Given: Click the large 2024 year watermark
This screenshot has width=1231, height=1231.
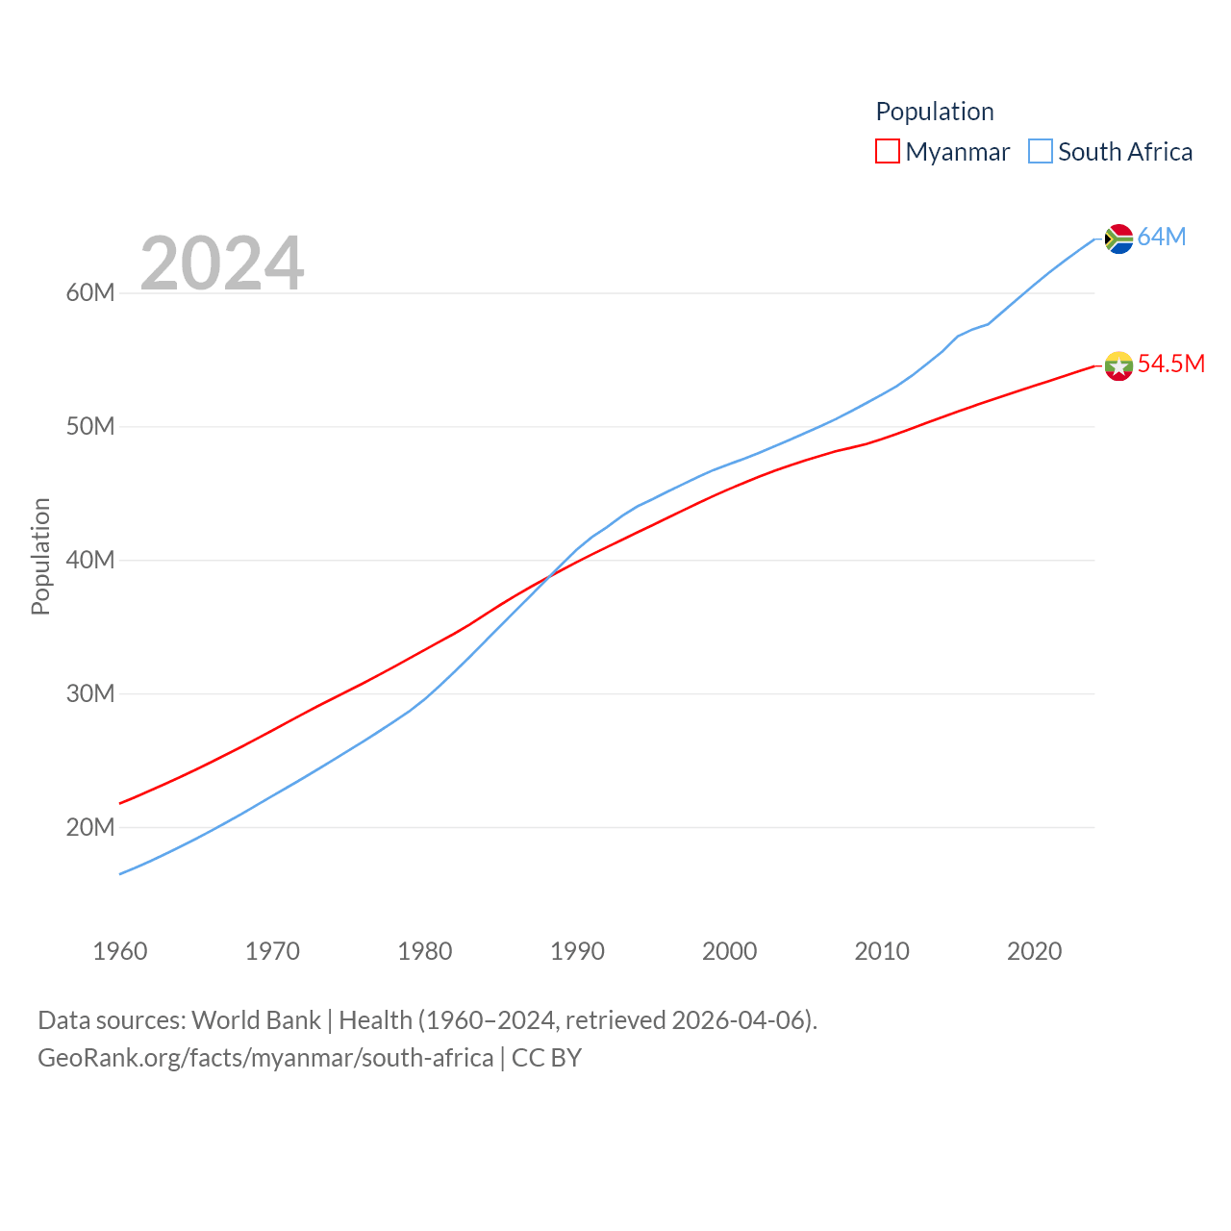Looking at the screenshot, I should click(222, 263).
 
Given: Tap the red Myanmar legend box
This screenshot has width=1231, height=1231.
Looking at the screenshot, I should click(887, 152).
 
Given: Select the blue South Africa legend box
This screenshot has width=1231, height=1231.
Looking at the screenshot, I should click(1041, 152).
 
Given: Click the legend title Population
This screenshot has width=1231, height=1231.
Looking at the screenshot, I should click(934, 112).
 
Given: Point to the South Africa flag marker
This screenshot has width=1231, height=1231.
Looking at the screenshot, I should click(1118, 239).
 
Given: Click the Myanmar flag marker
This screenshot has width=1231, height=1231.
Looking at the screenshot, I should click(1118, 365).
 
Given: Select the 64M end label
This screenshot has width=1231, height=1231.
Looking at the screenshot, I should click(1162, 237).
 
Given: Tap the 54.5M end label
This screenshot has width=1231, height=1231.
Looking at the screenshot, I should click(1170, 364).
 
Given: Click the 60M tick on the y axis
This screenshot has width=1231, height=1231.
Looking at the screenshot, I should click(90, 292).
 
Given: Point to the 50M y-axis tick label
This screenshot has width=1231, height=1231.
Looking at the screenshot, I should click(90, 426).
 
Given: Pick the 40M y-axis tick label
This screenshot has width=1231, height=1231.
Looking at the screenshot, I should click(90, 560).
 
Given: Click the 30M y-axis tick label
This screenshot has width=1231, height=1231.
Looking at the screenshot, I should click(90, 693).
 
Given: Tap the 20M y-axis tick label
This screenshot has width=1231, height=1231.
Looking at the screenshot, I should click(90, 827).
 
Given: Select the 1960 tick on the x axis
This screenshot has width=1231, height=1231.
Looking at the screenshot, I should click(120, 951).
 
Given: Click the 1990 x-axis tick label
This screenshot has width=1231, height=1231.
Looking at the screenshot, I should click(577, 951).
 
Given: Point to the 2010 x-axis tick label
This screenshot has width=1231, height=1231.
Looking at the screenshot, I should click(882, 951).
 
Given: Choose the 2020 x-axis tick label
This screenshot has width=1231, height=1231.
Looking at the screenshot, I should click(1034, 951).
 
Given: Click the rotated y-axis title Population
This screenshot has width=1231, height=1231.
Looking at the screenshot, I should click(40, 556).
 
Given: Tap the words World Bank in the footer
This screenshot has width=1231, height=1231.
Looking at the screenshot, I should click(256, 1020).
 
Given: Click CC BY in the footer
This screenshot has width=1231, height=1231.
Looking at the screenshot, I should click(546, 1058).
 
